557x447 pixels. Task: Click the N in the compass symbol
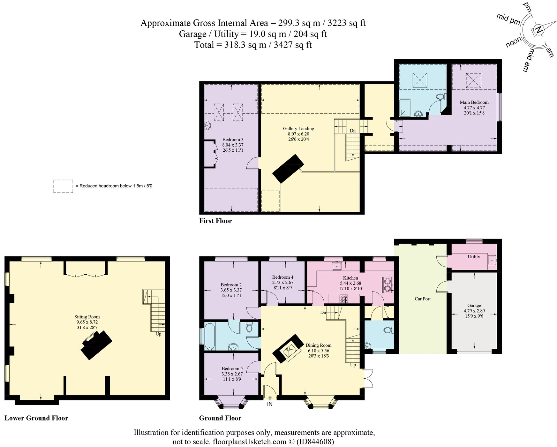[x=538, y=30]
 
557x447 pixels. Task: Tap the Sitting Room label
[x=87, y=317]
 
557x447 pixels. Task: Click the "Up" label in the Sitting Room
[x=158, y=334]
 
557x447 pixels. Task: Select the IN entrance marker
[x=270, y=404]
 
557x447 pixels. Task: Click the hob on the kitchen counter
[x=343, y=299]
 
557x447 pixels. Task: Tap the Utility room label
[x=474, y=257]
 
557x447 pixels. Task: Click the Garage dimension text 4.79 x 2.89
[x=474, y=311]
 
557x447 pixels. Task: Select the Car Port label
[x=422, y=299]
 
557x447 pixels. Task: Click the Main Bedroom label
[x=474, y=102]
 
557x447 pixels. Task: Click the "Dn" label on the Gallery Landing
[x=352, y=131]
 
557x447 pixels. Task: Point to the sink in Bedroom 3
[x=207, y=125]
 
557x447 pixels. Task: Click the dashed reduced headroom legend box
[x=63, y=186]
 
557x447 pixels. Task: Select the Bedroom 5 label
[x=232, y=368]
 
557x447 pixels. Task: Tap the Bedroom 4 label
[x=282, y=277]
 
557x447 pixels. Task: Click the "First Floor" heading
[x=215, y=221]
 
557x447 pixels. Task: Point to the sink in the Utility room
[x=492, y=260]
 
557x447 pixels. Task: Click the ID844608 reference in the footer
[x=316, y=442]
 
